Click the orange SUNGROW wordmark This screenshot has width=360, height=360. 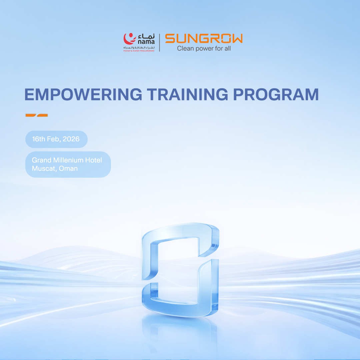tap(204, 39)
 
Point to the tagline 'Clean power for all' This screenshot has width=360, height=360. tap(204, 49)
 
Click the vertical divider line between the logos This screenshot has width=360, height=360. tap(159, 43)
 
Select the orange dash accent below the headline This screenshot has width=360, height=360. tap(37, 115)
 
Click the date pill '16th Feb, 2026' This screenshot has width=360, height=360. tap(56, 139)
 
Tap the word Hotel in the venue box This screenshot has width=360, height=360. tap(93, 160)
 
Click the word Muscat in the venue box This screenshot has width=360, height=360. tap(44, 169)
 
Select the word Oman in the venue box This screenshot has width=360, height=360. tap(68, 169)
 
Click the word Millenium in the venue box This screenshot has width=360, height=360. tap(68, 160)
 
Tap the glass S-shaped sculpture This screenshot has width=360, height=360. tap(180, 267)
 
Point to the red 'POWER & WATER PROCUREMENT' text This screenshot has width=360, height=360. tap(139, 51)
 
